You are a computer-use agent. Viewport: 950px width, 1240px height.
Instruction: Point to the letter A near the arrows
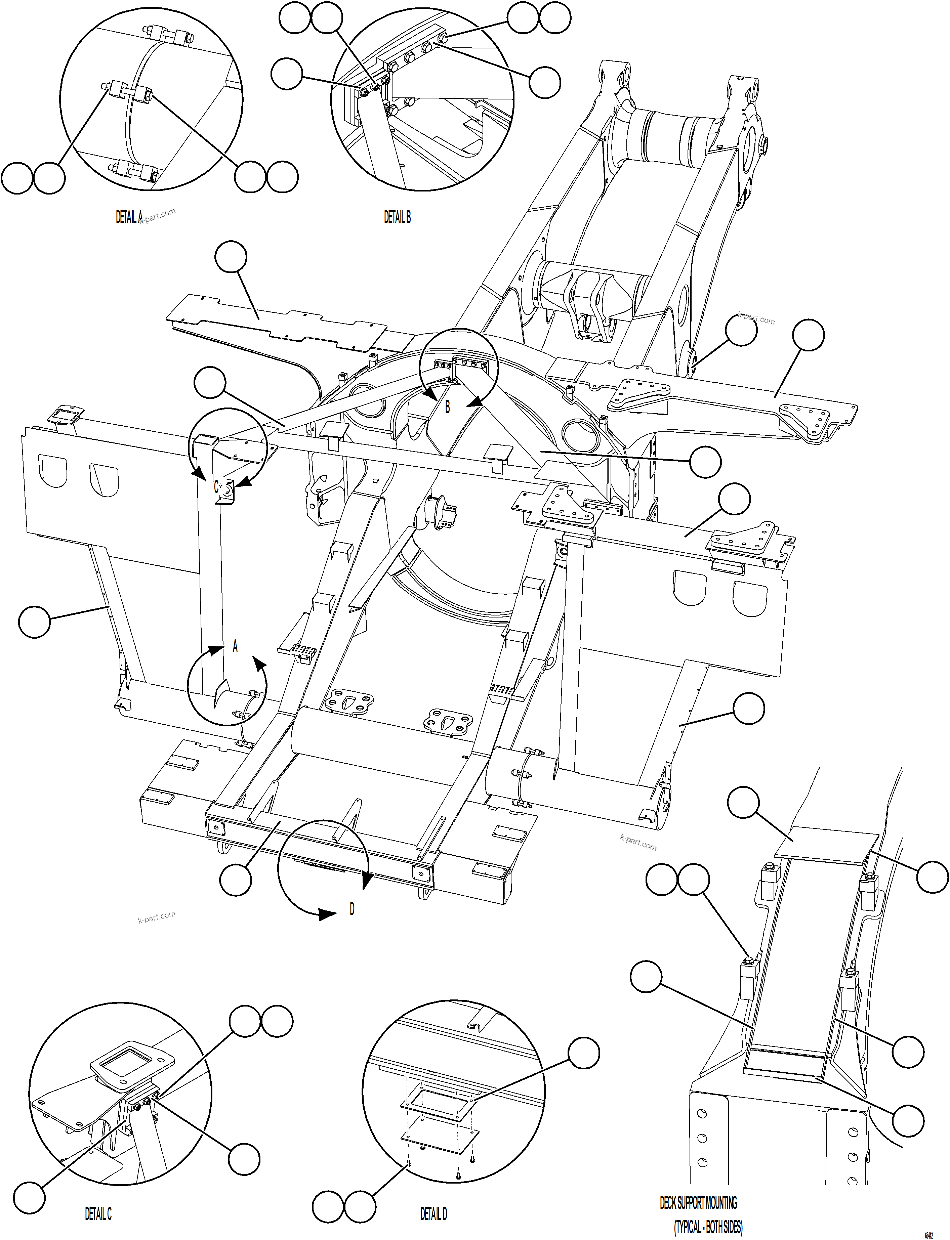click(x=235, y=646)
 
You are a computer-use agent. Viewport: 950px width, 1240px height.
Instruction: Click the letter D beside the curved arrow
click(x=352, y=909)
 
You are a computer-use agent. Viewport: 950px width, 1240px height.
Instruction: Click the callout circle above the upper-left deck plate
click(x=231, y=257)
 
